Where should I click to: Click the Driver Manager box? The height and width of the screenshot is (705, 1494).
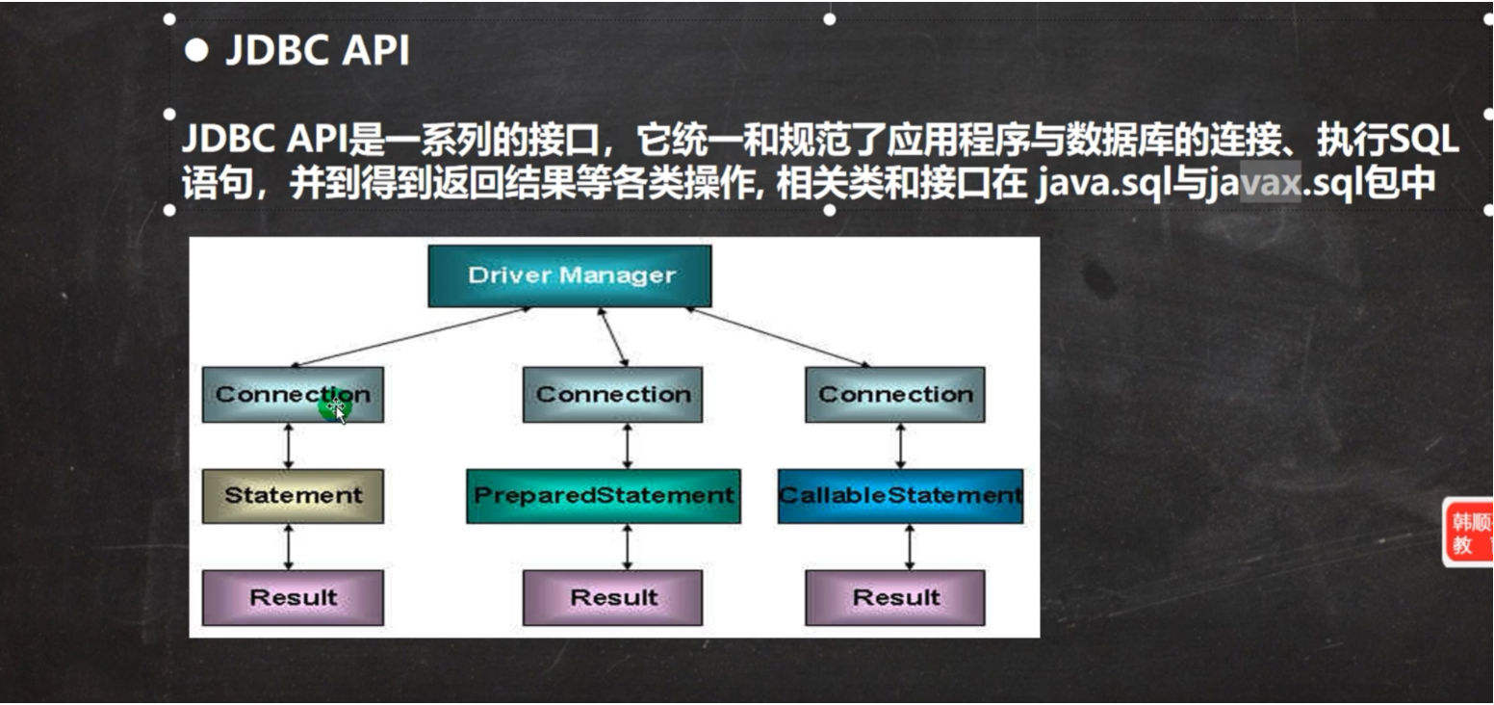click(x=570, y=275)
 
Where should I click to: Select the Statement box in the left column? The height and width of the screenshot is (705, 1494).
click(x=293, y=496)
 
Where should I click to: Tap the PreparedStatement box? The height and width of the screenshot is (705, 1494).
click(x=604, y=496)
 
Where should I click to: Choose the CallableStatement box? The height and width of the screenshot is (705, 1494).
click(x=900, y=496)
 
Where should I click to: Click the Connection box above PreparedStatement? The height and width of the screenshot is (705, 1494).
click(x=613, y=394)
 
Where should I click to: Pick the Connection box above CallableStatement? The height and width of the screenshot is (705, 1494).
click(x=895, y=394)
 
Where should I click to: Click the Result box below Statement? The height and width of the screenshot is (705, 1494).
click(x=293, y=597)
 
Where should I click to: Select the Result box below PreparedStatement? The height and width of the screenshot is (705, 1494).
click(x=613, y=597)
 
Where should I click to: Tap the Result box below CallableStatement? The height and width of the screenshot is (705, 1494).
click(x=895, y=597)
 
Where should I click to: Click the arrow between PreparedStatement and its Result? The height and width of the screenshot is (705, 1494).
click(x=628, y=546)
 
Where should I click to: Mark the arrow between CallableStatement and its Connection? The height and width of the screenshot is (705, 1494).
click(x=901, y=445)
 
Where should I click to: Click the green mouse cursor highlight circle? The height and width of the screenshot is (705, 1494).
click(x=334, y=407)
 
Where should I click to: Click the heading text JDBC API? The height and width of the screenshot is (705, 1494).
click(x=317, y=51)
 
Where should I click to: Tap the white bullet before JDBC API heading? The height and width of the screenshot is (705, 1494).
click(x=196, y=51)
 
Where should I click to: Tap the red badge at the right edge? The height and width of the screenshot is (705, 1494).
click(x=1469, y=533)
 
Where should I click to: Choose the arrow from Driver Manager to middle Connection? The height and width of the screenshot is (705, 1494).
click(x=614, y=337)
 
